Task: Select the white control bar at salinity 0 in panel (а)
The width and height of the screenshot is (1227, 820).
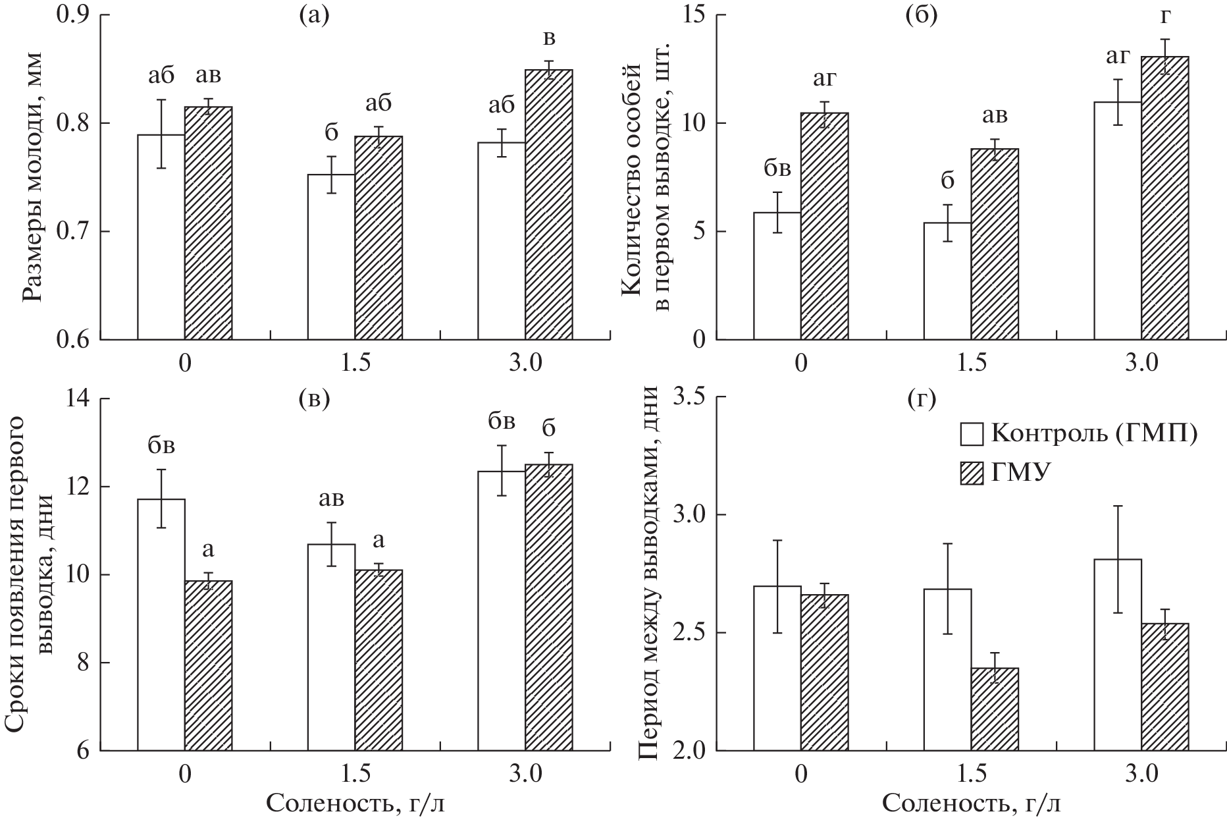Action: coord(161,237)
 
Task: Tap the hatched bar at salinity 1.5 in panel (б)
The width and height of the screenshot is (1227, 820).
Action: coord(995,244)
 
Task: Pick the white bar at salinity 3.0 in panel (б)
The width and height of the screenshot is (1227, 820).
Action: coord(1117,221)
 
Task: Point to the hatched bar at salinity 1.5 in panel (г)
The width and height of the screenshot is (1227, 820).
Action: coord(995,709)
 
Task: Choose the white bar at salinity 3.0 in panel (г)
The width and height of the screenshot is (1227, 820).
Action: coord(1117,655)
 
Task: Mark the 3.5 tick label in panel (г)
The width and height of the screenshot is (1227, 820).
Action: coord(690,398)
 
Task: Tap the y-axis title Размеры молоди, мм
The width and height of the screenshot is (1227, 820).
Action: coord(33,176)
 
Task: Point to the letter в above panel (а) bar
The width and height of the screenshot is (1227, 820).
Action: coord(548,38)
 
